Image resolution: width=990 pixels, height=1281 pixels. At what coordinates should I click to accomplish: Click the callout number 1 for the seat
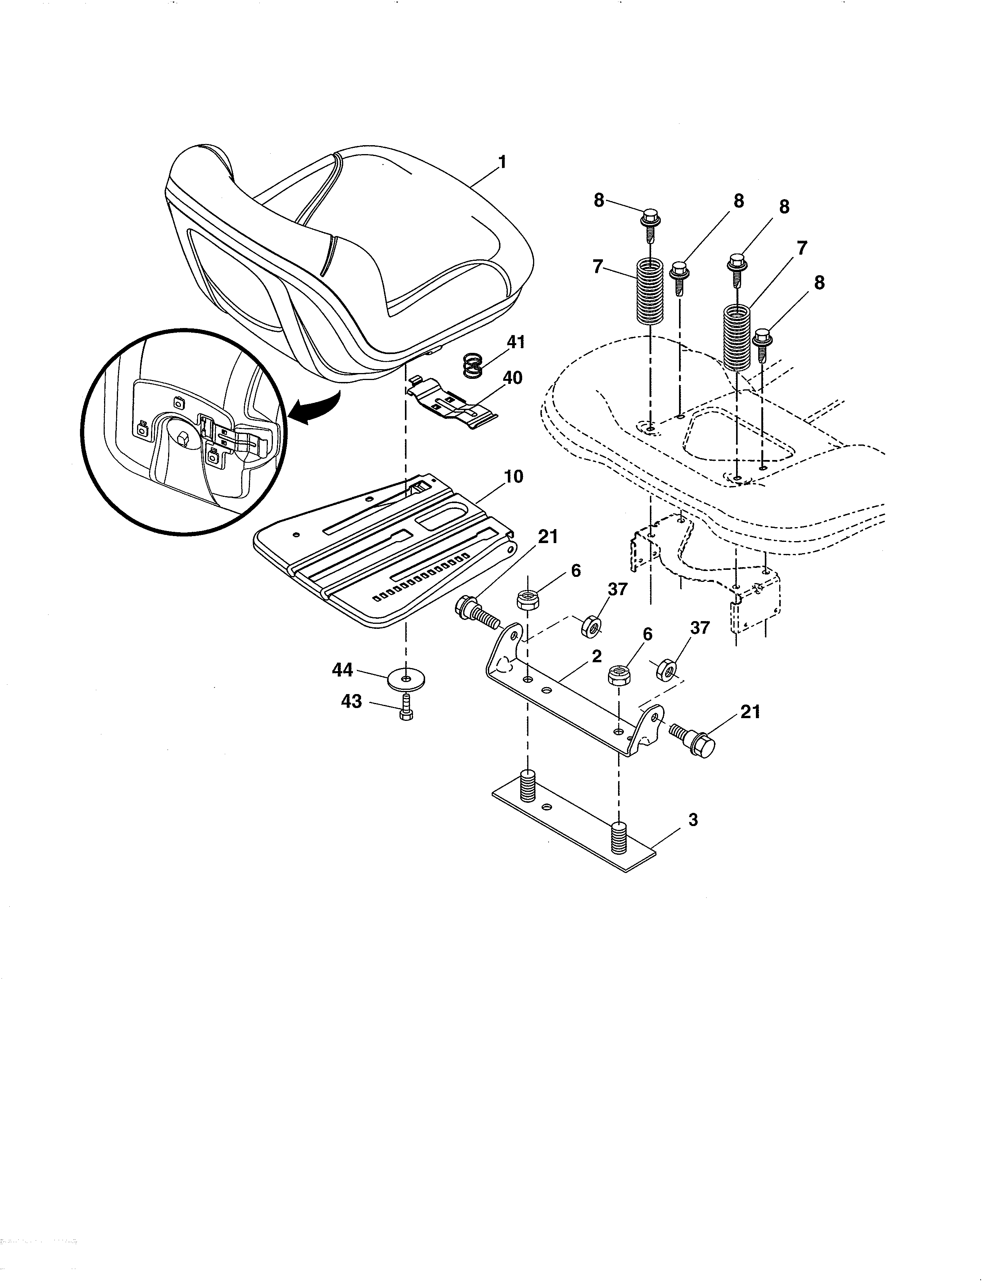[x=502, y=162]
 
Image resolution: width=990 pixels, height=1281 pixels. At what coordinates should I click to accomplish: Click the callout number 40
[x=512, y=378]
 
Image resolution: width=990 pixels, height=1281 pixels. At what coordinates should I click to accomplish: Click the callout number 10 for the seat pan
[x=513, y=477]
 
